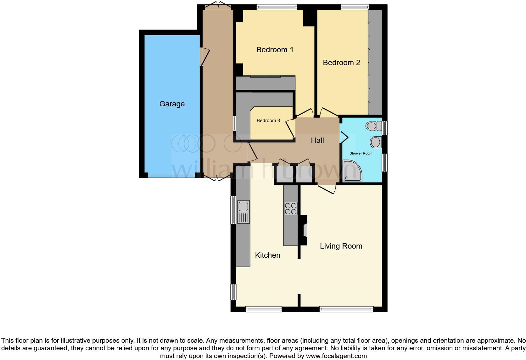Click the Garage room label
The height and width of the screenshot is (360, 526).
172,104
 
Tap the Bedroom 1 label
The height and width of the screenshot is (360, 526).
275,50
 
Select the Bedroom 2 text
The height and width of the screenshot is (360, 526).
341,63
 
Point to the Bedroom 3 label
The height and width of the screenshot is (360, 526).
268,121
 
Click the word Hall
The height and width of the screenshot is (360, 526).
317,140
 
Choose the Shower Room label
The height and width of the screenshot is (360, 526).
361,153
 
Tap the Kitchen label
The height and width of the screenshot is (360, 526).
267,255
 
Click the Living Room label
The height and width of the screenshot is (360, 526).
341,246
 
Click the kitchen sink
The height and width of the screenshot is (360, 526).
243,207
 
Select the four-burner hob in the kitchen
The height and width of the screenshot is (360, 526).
290,208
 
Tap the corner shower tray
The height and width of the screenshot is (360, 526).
352,172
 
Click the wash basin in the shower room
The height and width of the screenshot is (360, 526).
375,142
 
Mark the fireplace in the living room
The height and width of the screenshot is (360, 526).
304,230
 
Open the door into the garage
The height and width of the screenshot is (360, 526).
204,57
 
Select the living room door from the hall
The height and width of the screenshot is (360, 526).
327,189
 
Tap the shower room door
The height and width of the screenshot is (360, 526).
344,137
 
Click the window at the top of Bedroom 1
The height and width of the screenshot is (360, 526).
277,7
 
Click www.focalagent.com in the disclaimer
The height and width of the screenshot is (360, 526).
337,356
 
